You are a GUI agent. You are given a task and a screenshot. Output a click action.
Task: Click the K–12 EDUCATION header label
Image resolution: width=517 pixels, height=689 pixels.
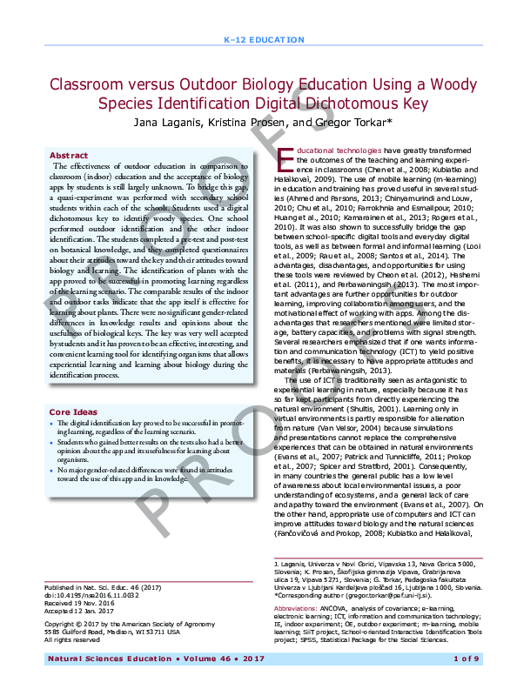click(258, 41)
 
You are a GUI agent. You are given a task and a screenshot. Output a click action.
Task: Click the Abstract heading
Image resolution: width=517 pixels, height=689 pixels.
click(69, 155)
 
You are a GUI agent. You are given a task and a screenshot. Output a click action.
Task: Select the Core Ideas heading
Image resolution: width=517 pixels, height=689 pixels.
click(73, 411)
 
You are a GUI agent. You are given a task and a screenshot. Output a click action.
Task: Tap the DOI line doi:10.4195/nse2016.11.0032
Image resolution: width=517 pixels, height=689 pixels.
click(93, 597)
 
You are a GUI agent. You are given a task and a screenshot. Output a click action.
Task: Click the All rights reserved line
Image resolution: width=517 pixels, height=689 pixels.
click(74, 639)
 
